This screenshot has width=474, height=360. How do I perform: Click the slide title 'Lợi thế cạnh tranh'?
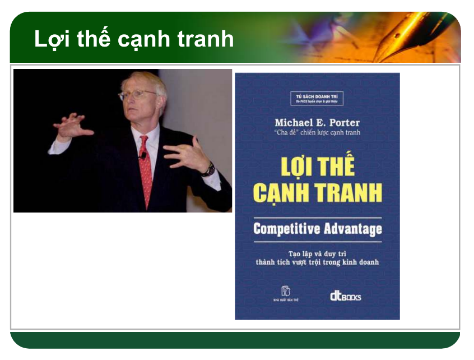pos(134,39)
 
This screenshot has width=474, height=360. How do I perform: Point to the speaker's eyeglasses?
pos(137,95)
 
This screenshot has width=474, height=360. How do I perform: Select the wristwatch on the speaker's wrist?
pos(209,169)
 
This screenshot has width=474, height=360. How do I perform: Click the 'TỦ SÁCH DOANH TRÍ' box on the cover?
pos(317,99)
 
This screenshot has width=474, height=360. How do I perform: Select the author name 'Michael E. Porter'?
pos(317,122)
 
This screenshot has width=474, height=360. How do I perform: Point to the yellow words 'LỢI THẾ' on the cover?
pos(317,168)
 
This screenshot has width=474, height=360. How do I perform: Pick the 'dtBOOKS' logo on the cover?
pos(345,296)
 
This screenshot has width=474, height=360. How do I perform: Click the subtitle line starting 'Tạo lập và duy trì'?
pos(317,253)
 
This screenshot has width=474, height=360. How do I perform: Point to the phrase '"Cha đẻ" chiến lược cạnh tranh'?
pos(317,133)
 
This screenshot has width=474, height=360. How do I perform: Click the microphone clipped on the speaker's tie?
pos(143,155)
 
